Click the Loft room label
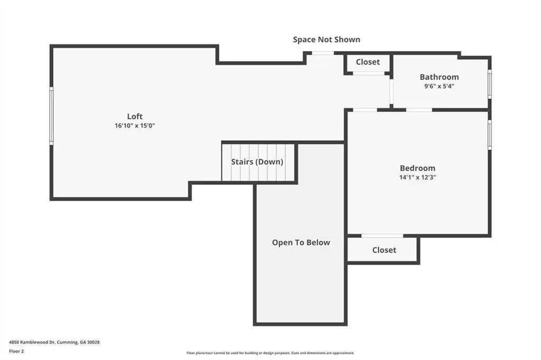coord(135,117)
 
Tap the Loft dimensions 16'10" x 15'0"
coord(135,126)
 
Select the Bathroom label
coord(439,77)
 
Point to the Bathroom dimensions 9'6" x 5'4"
coord(439,86)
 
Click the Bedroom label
coord(417,168)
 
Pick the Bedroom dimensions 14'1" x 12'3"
coord(417,177)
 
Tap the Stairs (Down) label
coord(257,162)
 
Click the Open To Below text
coord(301,243)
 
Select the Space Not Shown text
coord(327,40)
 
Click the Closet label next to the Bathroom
coord(368,62)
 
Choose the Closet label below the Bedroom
coord(384,250)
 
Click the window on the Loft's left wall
coord(51,116)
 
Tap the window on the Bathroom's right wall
coord(490,84)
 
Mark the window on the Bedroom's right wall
coord(490,135)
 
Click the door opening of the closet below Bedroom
coord(383,236)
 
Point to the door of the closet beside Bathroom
coord(368,73)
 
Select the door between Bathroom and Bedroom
coord(419,110)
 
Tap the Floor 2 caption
coord(16,352)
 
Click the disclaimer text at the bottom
coord(270,353)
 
